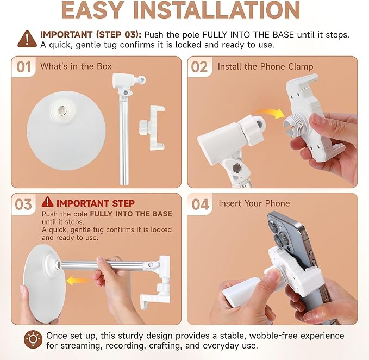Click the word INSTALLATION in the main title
point(216,10)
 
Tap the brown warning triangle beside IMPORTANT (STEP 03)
point(27,39)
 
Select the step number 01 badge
point(24,67)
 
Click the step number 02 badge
point(199,67)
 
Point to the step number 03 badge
point(23,204)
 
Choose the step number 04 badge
point(201,204)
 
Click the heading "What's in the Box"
point(76,66)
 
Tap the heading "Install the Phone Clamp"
point(265,67)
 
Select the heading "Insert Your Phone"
point(254,203)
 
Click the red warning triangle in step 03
point(47,202)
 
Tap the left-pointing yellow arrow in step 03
point(78,281)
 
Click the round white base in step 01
point(66,131)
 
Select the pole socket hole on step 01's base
point(62,110)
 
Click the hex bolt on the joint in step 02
point(236,168)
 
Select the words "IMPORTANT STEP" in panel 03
point(96,203)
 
